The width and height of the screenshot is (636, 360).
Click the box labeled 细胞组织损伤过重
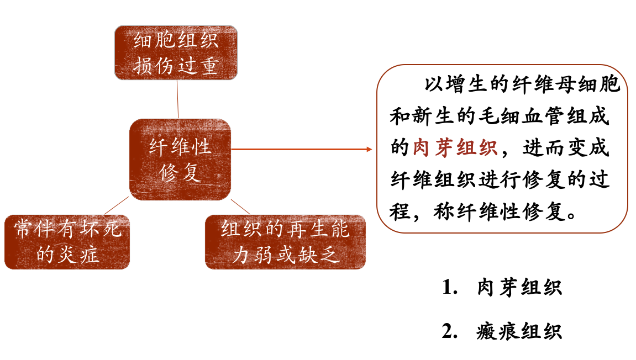(176, 52)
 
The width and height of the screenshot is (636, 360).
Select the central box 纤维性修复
(180, 159)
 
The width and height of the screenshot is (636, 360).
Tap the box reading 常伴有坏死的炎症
(67, 242)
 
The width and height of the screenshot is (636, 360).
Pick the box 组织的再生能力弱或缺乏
(285, 242)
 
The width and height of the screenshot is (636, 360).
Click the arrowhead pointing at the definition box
(370, 149)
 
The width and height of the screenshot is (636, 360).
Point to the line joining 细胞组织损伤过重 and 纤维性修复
(177, 99)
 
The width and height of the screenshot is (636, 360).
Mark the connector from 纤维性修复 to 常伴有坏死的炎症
(116, 207)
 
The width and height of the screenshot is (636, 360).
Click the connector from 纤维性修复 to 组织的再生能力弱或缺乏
(240, 207)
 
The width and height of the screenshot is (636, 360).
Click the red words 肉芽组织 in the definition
(455, 148)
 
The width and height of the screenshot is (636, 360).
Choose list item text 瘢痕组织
(519, 331)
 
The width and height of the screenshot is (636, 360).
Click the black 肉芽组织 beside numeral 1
(519, 288)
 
